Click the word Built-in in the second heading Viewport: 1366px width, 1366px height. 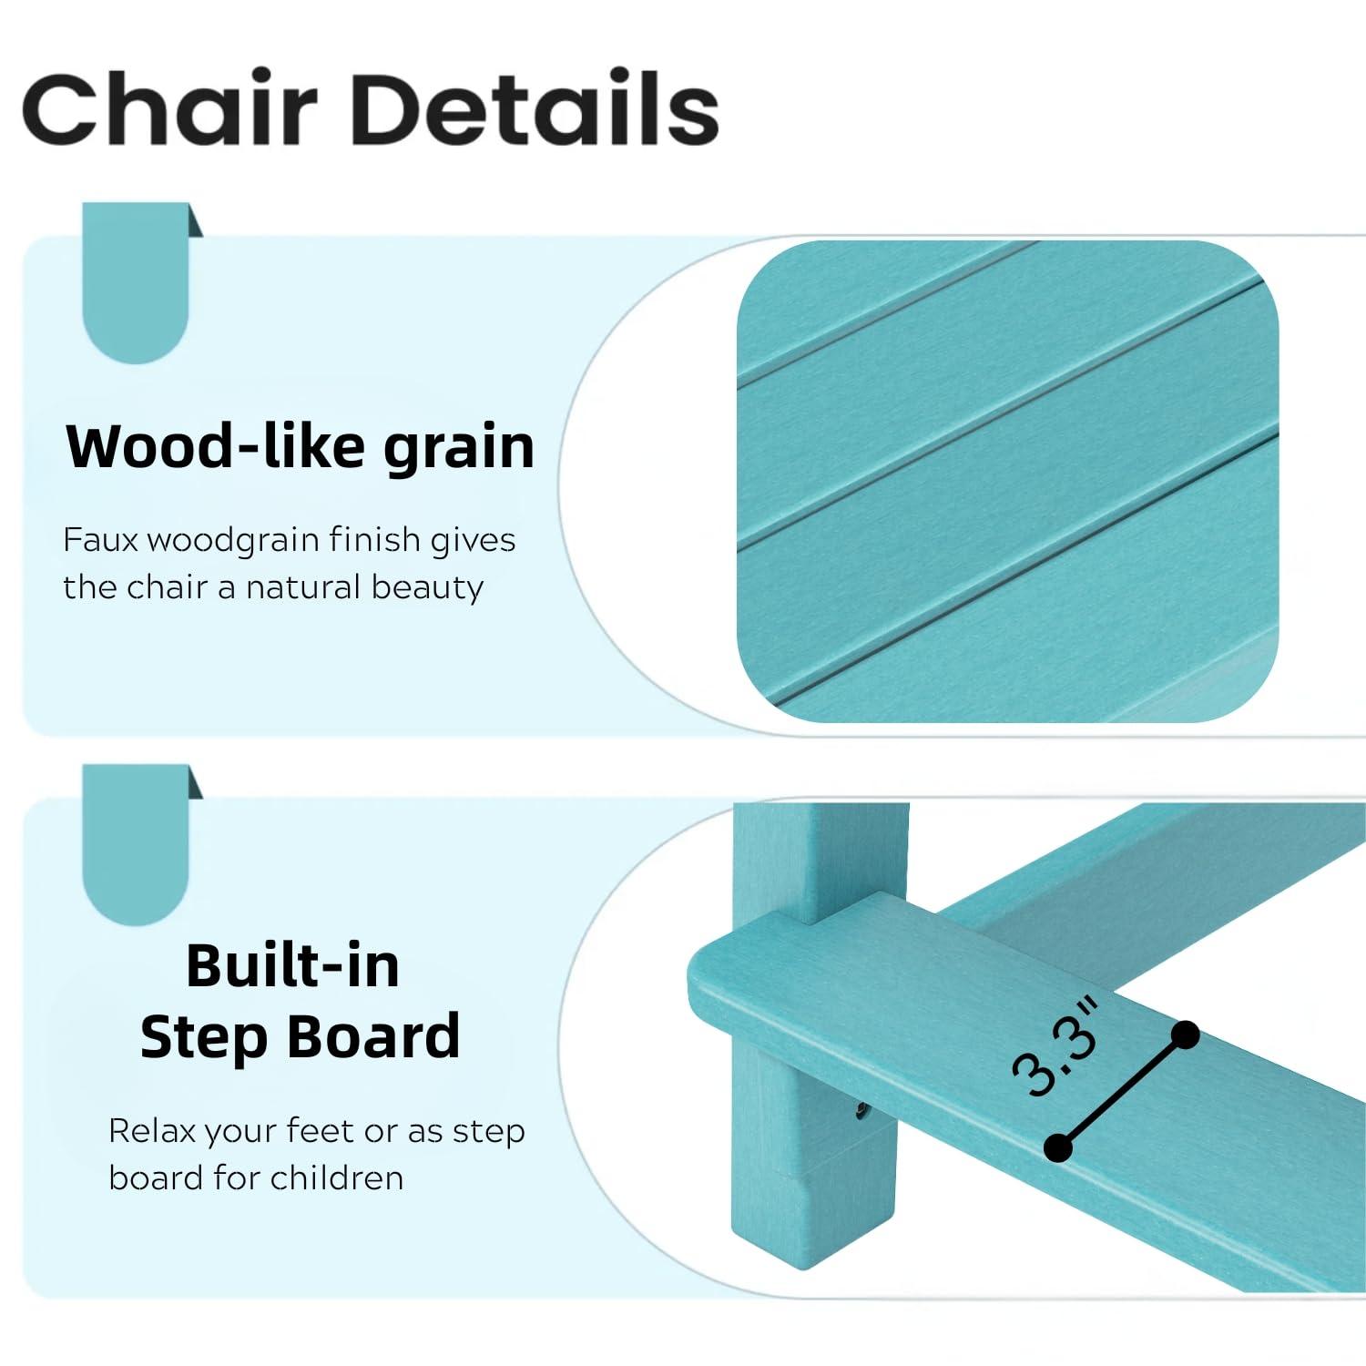coord(293,965)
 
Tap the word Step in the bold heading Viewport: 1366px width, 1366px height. coord(192,1037)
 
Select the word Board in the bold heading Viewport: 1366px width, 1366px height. coord(375,1036)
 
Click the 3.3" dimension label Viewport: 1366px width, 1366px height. coord(1056,1048)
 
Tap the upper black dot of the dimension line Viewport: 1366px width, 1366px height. coord(1186,1035)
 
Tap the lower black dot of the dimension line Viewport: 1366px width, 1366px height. coord(1057,1147)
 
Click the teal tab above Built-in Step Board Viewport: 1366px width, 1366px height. coord(137,842)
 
